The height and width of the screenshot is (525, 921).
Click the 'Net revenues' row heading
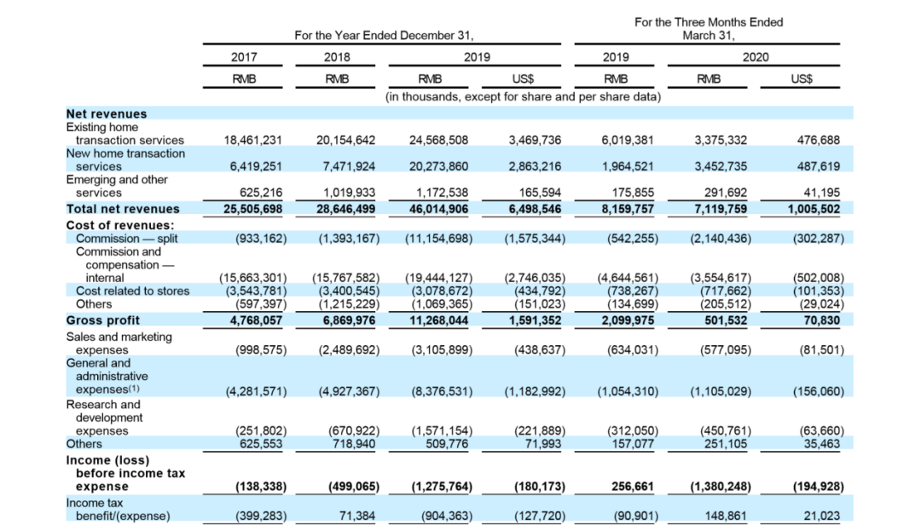[107, 113]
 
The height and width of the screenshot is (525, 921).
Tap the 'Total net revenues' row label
[123, 209]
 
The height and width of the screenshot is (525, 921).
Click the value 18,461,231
[252, 140]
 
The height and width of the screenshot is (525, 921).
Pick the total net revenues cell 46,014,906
[438, 209]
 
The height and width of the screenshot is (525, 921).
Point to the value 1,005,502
[814, 209]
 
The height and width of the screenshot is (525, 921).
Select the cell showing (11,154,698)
[438, 239]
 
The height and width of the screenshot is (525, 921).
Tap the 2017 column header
[244, 57]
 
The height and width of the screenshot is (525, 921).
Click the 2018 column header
[337, 57]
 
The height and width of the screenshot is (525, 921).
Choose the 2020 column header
[755, 57]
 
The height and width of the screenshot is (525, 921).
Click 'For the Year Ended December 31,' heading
[384, 36]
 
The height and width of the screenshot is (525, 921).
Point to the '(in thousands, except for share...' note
[523, 96]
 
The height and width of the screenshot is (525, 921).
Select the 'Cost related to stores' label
[133, 291]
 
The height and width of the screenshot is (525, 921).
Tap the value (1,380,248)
[721, 487]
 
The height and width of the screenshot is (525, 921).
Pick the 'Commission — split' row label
[127, 239]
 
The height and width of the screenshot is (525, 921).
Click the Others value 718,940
[350, 443]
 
